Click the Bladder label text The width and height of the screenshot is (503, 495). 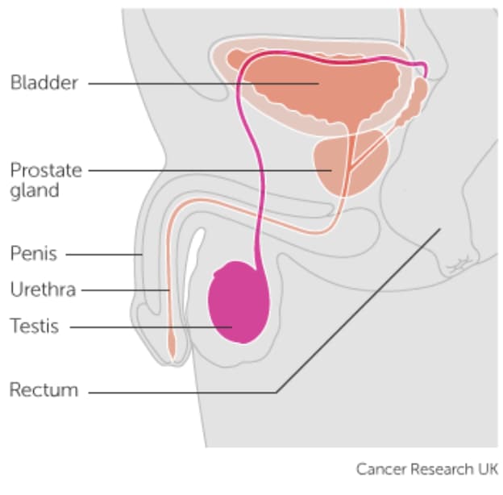44,82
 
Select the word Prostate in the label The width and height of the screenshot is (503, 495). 46,170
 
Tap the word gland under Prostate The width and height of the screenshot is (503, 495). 35,191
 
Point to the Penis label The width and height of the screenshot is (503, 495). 34,253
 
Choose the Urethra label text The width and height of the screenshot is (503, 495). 43,289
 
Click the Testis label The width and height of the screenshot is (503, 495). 35,326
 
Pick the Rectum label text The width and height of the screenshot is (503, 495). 44,389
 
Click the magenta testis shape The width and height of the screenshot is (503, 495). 239,302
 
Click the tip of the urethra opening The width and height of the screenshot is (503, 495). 172,360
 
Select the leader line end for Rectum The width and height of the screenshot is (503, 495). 440,229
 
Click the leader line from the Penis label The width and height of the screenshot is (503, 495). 104,255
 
